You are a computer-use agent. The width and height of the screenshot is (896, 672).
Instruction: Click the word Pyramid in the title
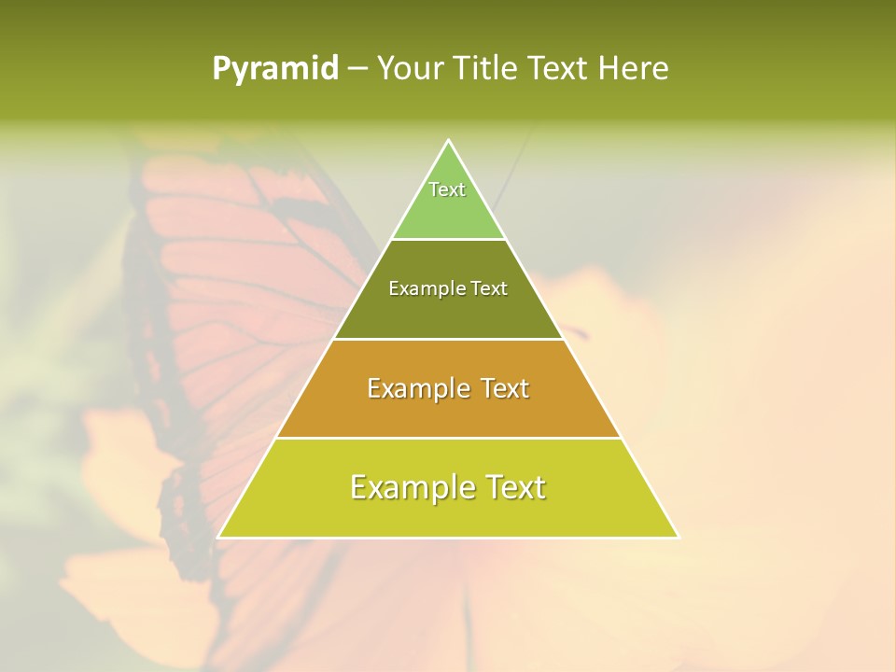[x=274, y=69]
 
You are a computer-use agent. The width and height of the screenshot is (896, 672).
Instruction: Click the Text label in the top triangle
[x=447, y=189]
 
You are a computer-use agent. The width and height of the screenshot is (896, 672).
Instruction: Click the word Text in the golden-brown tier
[x=498, y=388]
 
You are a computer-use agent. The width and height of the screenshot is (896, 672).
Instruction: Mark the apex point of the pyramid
[x=448, y=141]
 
